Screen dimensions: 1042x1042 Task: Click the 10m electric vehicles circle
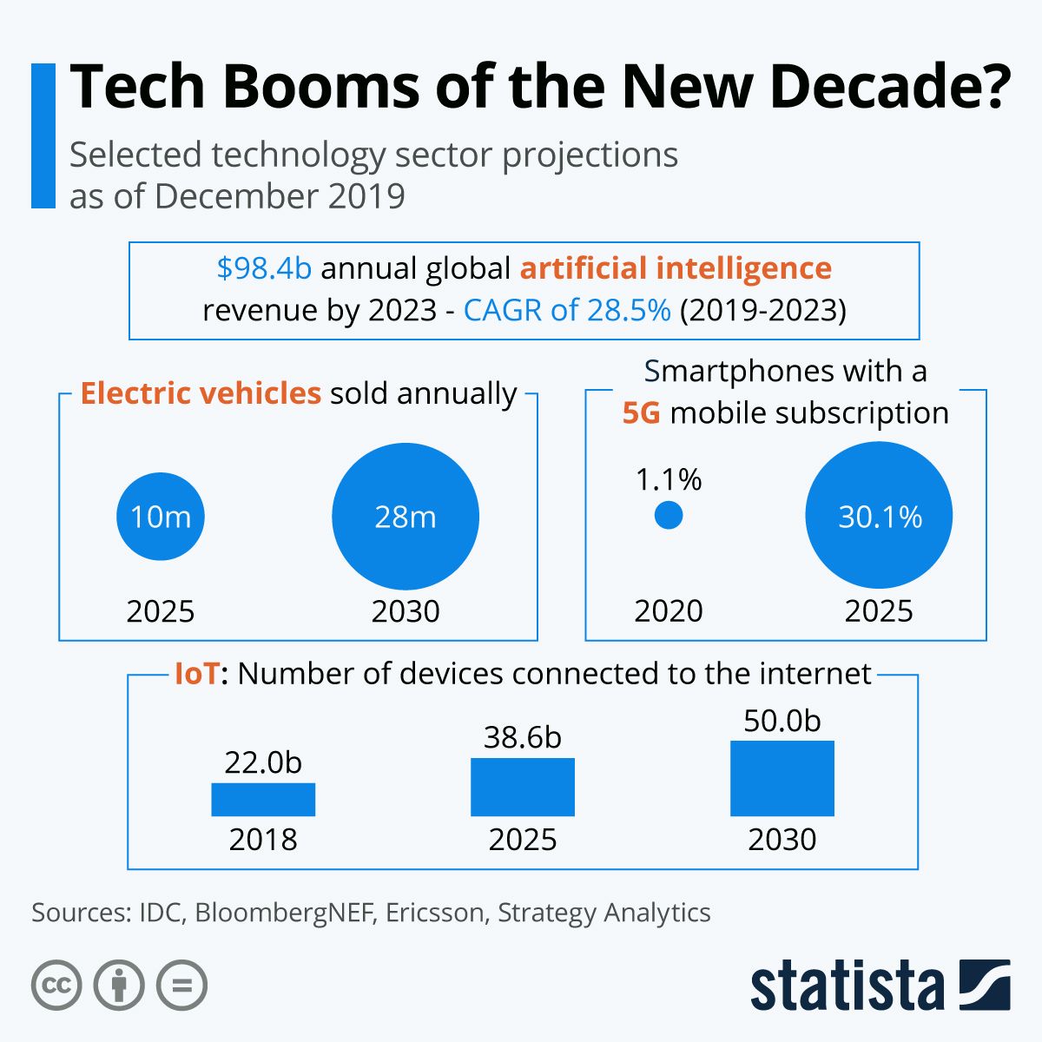point(161,517)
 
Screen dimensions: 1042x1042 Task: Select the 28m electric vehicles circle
point(406,517)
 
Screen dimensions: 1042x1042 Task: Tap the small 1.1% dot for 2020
point(668,516)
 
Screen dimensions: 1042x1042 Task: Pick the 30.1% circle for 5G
point(879,517)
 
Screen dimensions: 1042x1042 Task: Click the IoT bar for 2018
point(263,800)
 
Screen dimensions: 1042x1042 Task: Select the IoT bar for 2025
point(523,787)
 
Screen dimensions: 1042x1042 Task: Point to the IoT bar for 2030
point(782,778)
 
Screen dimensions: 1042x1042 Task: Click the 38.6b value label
point(523,737)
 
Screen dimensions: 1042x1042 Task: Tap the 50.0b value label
point(782,721)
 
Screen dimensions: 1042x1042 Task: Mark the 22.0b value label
point(263,762)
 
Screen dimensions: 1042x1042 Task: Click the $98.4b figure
point(264,268)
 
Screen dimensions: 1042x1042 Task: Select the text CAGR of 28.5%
point(567,310)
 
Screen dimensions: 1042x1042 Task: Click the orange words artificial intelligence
point(676,268)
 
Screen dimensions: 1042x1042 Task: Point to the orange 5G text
point(642,412)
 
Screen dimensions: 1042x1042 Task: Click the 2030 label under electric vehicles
point(406,611)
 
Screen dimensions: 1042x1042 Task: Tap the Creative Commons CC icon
point(56,986)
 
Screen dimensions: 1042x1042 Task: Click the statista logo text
point(847,986)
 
